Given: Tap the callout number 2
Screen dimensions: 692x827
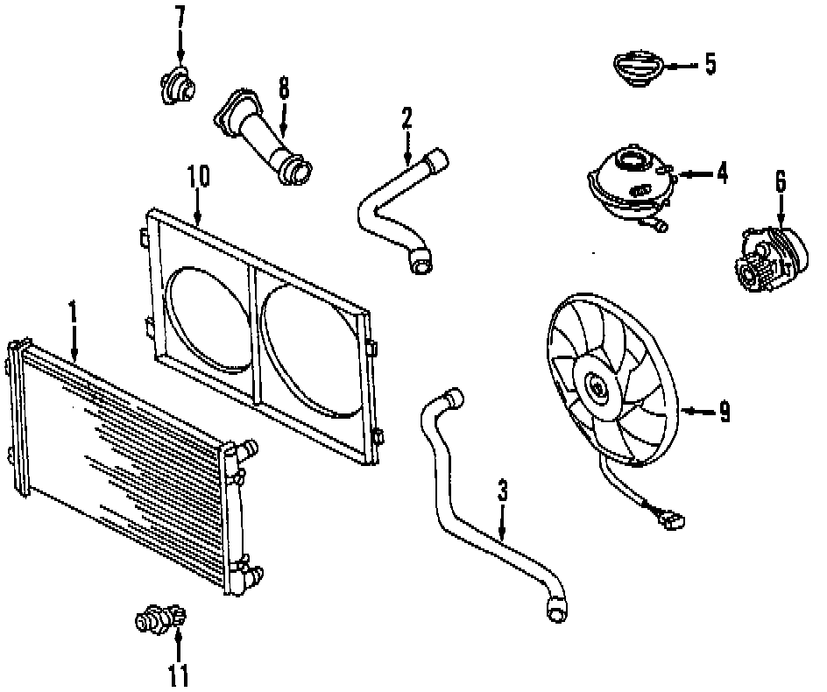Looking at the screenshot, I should [x=406, y=117].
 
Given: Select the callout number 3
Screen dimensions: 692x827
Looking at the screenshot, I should [x=503, y=491].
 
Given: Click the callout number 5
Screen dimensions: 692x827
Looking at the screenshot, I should [x=710, y=65].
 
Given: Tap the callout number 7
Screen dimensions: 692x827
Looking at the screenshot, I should [x=180, y=17].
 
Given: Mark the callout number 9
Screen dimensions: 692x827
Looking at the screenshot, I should [x=725, y=412].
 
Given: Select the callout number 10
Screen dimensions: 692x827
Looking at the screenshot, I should [x=198, y=175].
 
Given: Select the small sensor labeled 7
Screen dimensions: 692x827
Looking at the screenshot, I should [x=177, y=85].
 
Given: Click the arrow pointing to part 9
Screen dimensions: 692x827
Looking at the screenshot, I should [x=697, y=410].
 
